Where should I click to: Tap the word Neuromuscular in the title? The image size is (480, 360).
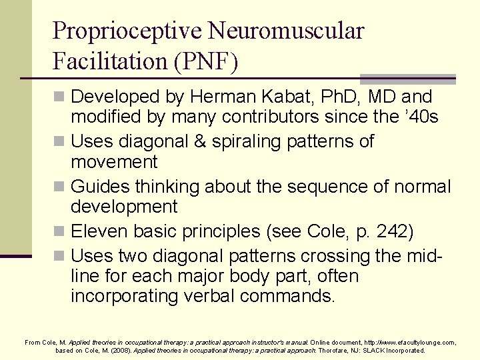pyautogui.click(x=287, y=31)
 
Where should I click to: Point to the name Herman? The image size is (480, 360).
pyautogui.click(x=215, y=97)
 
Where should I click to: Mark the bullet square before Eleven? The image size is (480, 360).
pyautogui.click(x=61, y=232)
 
